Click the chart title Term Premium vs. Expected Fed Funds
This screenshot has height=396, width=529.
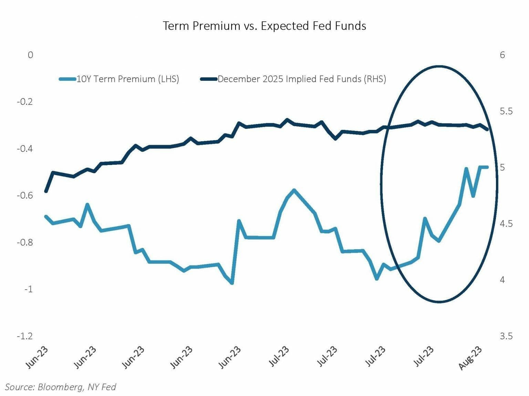point(264,26)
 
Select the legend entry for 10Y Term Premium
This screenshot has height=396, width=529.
point(119,79)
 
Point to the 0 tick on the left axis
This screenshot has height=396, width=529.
point(30,55)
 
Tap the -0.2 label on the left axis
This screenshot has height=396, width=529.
point(25,102)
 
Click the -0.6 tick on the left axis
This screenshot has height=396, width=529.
point(25,195)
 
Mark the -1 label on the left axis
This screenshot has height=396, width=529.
point(28,289)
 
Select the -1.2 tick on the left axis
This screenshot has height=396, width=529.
point(25,336)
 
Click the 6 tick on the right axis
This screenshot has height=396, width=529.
point(502,55)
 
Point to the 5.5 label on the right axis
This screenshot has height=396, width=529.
point(506,111)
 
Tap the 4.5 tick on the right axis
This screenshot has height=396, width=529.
point(506,223)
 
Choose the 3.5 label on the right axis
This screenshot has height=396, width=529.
point(506,336)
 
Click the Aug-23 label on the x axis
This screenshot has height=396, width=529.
point(471,357)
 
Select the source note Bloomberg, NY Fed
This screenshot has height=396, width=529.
point(61,387)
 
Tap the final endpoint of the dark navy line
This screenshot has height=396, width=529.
point(487,129)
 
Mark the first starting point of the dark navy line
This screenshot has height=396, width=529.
point(46,191)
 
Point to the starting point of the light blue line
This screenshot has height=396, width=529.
point(46,216)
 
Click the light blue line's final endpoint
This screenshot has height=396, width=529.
point(487,167)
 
